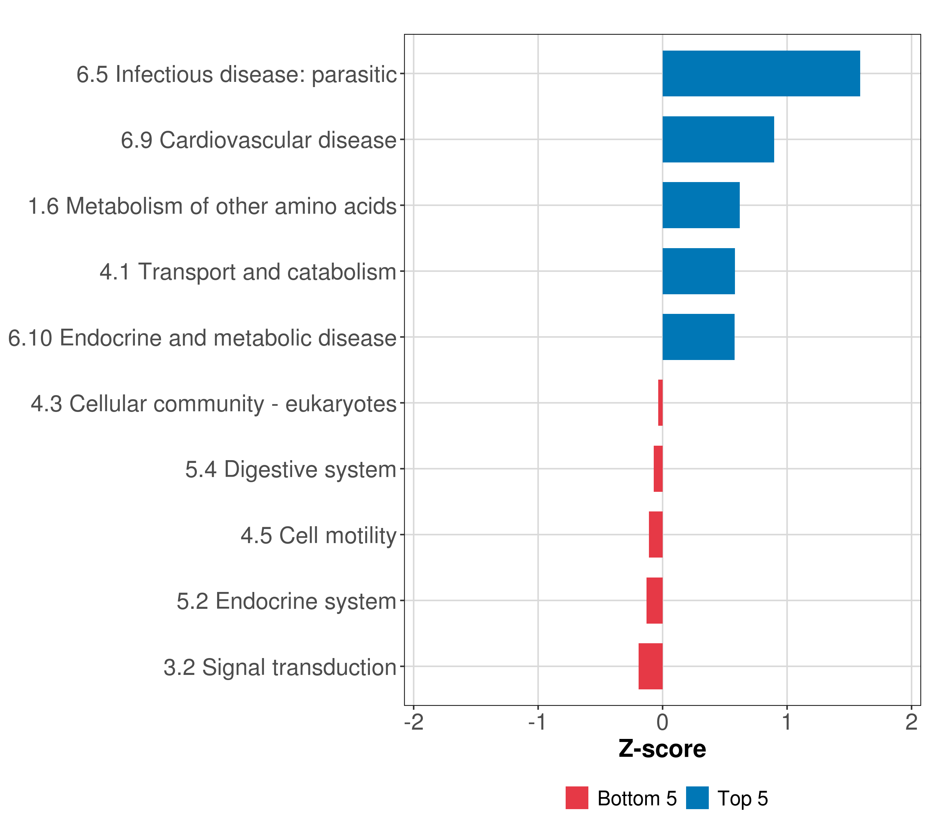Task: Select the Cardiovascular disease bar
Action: (718, 140)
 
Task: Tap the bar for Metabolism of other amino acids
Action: (701, 205)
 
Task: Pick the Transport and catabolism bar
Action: (698, 272)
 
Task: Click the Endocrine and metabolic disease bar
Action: (698, 337)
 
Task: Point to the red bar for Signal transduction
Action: (650, 666)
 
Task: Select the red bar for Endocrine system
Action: (654, 601)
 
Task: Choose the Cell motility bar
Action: (655, 534)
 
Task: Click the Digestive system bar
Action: (658, 469)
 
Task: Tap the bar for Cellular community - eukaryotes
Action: (660, 403)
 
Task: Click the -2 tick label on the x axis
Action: (414, 722)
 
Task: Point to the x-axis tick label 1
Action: (787, 722)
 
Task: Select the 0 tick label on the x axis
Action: (662, 722)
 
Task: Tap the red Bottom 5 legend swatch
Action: (577, 798)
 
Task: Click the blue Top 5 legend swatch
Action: (697, 798)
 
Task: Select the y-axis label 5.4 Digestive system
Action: (290, 469)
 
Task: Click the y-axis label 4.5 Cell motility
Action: (318, 535)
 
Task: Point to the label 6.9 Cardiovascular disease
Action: (258, 140)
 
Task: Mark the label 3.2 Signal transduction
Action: (279, 667)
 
